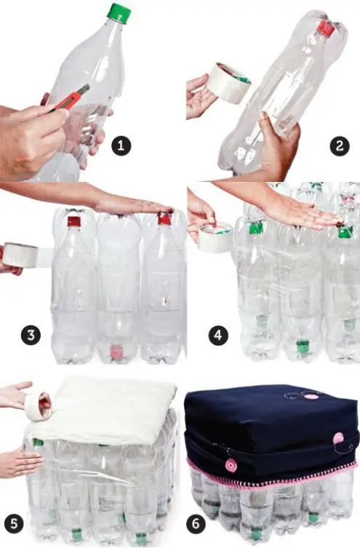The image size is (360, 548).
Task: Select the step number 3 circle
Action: [31, 336]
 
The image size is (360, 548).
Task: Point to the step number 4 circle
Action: [217, 336]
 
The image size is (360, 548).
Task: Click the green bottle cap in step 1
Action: [119, 12]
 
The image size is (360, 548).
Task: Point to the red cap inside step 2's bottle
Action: [326, 29]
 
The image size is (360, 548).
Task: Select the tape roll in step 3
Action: [20, 255]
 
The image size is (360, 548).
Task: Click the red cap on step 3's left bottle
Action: [73, 221]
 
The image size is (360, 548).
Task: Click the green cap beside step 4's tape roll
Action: [255, 227]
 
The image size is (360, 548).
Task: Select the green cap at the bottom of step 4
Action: [302, 346]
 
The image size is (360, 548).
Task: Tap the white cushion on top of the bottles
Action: [109, 410]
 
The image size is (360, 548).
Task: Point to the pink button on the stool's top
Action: [311, 397]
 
